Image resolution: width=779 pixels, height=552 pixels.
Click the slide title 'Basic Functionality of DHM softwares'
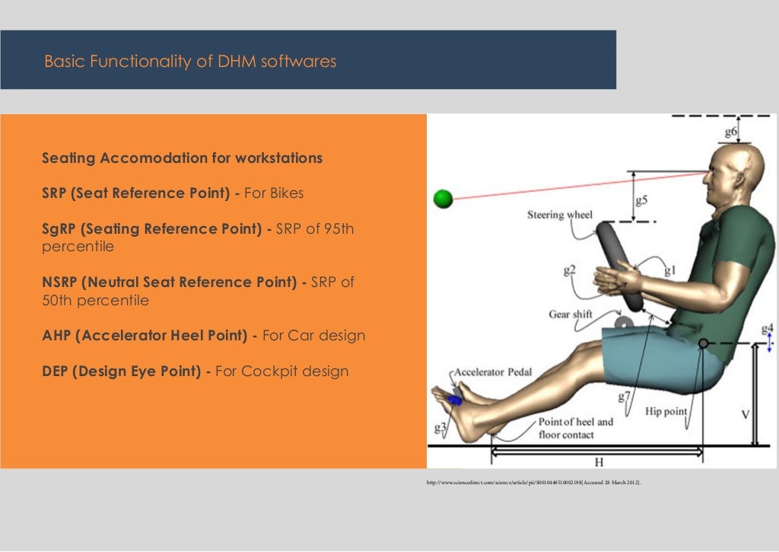coord(190,62)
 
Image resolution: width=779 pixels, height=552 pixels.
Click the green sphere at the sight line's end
coord(443,199)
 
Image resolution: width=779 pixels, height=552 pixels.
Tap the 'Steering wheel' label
coord(559,215)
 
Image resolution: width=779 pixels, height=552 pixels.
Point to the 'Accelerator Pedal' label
coord(494,372)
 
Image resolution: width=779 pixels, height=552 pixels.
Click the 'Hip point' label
coord(666,411)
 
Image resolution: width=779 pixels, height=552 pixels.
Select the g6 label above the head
coord(730,132)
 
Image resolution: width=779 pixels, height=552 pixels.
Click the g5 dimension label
coord(641,200)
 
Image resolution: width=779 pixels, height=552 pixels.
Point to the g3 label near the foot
coord(440,427)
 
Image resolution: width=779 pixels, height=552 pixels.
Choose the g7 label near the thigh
coord(624,397)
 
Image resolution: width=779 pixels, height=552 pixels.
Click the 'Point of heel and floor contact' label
coord(575,428)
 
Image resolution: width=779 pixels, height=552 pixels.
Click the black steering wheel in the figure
coord(620,266)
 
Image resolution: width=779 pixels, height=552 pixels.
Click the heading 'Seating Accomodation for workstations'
coord(182,158)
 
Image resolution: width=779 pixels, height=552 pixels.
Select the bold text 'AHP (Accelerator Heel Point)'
coord(148,336)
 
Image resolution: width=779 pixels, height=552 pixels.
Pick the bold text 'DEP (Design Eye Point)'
coord(126,372)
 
